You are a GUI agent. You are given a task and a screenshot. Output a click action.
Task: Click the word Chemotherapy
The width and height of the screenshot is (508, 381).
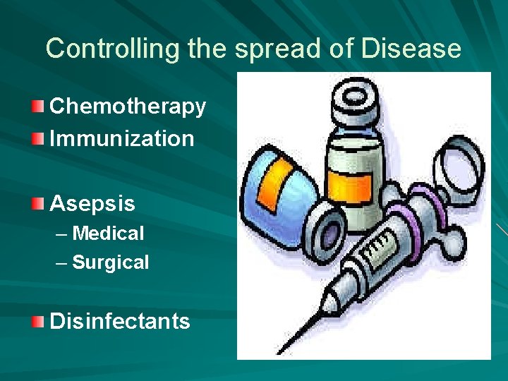click(x=128, y=107)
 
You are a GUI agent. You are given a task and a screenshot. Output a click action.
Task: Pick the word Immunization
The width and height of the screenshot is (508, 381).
click(x=121, y=138)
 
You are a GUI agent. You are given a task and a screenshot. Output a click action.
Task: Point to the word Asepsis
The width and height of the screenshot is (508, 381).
click(x=92, y=204)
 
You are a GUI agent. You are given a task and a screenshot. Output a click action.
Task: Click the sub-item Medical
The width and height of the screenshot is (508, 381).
click(x=108, y=234)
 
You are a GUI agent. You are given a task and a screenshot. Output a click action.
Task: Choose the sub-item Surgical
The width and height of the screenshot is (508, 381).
click(x=111, y=263)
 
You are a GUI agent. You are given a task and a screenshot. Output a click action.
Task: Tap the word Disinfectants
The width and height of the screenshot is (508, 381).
click(x=120, y=322)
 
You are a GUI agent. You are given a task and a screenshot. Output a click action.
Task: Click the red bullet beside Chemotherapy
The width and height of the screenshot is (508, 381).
click(x=38, y=107)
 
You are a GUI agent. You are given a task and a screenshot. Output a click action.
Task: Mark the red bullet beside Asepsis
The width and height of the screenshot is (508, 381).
click(x=38, y=204)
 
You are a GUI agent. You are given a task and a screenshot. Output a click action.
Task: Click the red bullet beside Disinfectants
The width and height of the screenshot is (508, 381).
click(x=38, y=322)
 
